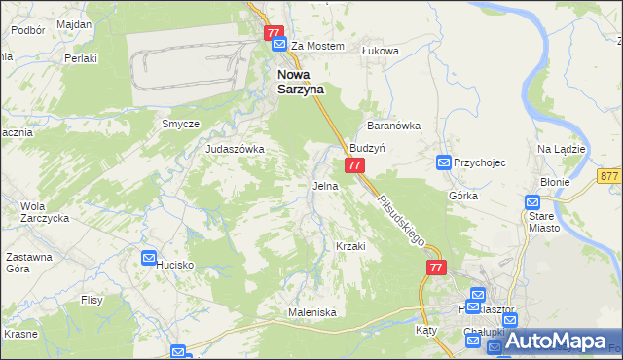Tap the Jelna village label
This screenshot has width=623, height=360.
point(325,185)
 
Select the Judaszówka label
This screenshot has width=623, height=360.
point(235,149)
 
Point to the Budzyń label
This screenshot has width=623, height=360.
point(369,148)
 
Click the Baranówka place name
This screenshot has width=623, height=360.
point(392,126)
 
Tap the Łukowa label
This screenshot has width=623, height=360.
point(381,50)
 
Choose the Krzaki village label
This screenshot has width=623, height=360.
point(349,246)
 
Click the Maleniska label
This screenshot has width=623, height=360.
point(311,312)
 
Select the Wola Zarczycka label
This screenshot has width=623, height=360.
point(41,212)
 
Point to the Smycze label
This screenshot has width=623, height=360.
point(180,124)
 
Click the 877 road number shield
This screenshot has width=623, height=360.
point(610,176)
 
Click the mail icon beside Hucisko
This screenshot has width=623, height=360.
point(149,258)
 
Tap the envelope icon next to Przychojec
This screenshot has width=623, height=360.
point(443,162)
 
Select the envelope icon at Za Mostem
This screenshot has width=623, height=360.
point(279,45)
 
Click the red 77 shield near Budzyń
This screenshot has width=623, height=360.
point(354,166)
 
